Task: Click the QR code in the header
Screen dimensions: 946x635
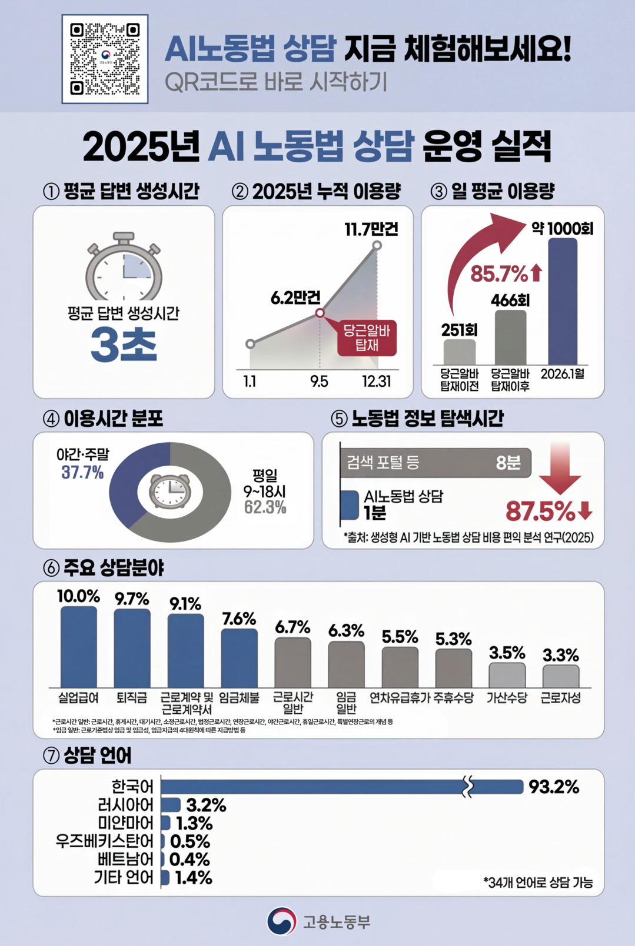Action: click(x=105, y=59)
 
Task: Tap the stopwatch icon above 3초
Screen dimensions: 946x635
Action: click(x=124, y=268)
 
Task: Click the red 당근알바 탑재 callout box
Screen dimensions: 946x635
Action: click(x=367, y=338)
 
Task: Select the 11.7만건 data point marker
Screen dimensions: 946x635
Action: click(x=377, y=245)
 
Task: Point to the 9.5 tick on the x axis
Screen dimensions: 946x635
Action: click(x=319, y=382)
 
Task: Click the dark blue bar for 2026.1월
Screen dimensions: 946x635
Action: click(x=563, y=301)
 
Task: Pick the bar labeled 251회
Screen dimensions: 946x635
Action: click(x=459, y=352)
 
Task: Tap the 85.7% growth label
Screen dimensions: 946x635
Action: click(x=499, y=274)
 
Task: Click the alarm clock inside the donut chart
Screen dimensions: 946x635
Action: click(x=170, y=491)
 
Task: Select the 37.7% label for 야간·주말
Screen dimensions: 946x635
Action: click(x=82, y=472)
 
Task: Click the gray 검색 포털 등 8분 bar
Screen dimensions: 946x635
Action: click(x=435, y=463)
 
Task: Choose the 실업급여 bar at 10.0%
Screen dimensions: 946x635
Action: click(x=78, y=647)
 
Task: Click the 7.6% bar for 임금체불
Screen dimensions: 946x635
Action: click(x=239, y=658)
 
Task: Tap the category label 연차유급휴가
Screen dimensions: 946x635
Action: click(x=400, y=698)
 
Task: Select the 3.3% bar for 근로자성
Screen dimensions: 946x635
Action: click(x=560, y=676)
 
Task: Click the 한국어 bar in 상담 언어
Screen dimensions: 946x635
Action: click(x=341, y=787)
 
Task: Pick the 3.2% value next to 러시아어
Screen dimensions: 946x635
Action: click(x=206, y=805)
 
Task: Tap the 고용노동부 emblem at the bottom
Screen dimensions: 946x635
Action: click(x=281, y=921)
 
